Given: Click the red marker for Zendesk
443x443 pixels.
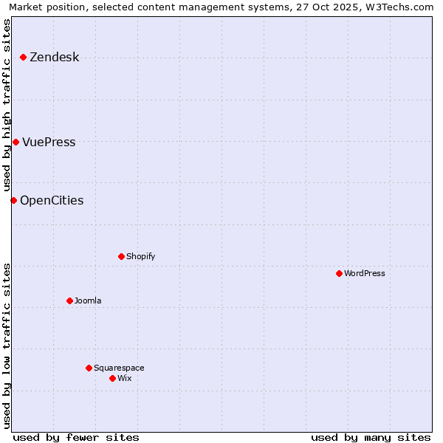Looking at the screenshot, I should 23,58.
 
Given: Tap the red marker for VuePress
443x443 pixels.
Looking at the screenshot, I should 16,142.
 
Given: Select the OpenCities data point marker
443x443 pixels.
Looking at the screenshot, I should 13,200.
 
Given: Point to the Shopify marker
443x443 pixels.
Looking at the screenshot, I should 121,257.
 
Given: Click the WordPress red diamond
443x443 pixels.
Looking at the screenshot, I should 339,274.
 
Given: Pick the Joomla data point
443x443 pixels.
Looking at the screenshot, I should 69,301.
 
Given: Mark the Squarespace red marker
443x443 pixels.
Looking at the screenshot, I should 89,368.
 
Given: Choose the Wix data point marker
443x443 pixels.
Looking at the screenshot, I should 112,378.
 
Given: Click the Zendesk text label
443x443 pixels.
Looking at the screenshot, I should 54,58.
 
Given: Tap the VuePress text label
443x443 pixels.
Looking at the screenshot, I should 49,142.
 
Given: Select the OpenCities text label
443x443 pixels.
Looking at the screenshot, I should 52,200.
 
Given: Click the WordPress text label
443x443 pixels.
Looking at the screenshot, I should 365,274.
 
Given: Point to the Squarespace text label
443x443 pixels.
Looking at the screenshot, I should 119,368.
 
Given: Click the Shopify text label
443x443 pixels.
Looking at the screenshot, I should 140,257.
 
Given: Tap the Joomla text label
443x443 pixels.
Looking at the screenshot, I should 88,301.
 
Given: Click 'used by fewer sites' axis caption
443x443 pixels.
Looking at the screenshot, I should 76,437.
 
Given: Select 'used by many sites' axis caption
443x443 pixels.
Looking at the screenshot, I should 371,437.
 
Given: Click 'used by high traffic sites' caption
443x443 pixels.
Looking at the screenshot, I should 7,105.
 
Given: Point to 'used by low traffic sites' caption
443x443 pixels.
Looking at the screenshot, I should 7,346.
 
